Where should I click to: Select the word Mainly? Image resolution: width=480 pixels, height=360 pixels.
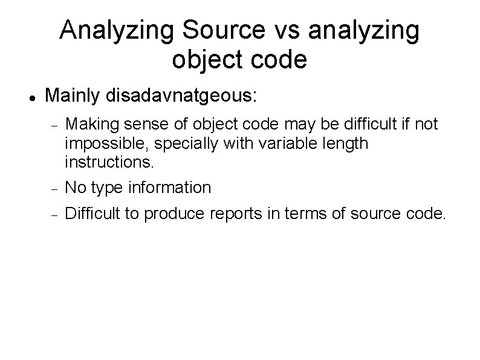point(73,96)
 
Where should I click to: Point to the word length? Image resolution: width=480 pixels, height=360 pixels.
point(346,144)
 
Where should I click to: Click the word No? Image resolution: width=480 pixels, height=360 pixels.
point(75,188)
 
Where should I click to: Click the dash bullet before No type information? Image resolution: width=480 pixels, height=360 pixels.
point(54,189)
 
